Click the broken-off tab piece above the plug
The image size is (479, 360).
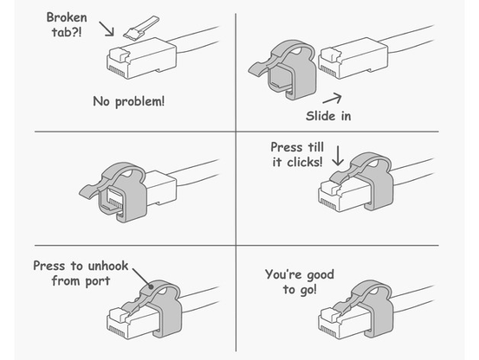pos(140,28)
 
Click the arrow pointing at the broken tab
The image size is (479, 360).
pos(107,29)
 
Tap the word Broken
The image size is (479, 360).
pos(67,17)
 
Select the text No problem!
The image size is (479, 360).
pos(128,101)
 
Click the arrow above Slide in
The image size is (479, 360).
pos(332,99)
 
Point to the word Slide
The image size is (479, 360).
pos(320,116)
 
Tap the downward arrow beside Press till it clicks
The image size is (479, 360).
pos(338,156)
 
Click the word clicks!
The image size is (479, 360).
pos(305,162)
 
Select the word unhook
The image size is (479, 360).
pos(108,266)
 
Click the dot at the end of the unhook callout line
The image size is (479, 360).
pos(151,286)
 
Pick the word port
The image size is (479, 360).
pos(98,281)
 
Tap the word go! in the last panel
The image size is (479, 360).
pos(308,290)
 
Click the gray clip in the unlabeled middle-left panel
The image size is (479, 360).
pos(113,190)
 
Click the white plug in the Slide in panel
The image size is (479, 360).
pos(353,58)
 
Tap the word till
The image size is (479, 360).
pos(315,147)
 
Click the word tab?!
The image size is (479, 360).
pos(67,32)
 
